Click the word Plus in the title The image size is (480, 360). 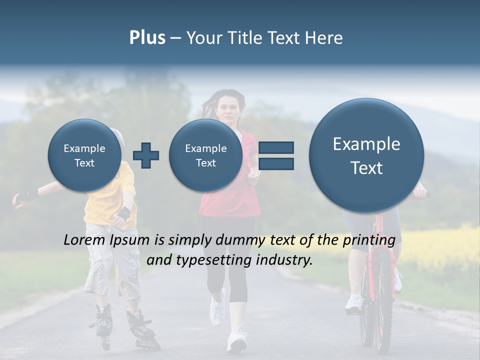pyautogui.click(x=147, y=37)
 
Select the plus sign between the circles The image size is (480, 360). pyautogui.click(x=146, y=155)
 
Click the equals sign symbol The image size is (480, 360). pyautogui.click(x=276, y=155)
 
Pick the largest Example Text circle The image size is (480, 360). pyautogui.click(x=366, y=155)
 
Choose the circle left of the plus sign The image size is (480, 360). pyautogui.click(x=84, y=155)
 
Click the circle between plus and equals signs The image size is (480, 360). pyautogui.click(x=205, y=155)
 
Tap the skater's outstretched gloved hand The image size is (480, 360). pyautogui.click(x=21, y=199)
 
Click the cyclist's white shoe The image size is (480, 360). pyautogui.click(x=354, y=303)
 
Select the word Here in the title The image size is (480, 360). pyautogui.click(x=325, y=37)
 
